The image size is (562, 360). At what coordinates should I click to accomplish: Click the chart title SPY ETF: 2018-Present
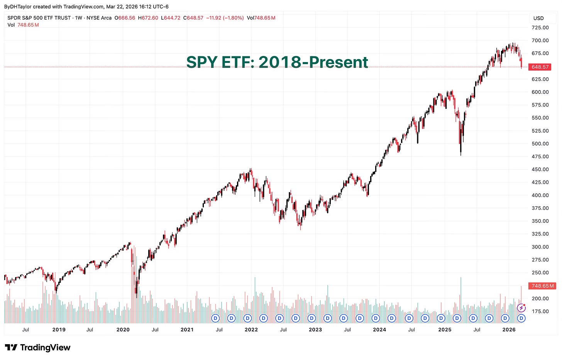point(277,62)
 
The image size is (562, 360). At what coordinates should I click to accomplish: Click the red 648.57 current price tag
point(540,67)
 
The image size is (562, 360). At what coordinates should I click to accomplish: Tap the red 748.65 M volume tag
point(543,286)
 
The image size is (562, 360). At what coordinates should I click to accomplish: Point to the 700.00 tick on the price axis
point(540,40)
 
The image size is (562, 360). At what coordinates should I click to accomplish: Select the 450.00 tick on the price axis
point(540,169)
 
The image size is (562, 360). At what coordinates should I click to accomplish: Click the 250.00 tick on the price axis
point(540,272)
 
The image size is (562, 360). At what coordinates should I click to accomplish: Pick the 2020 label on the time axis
point(123,330)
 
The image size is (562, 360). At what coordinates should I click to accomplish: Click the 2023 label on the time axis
point(315,330)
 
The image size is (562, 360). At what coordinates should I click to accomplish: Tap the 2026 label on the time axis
point(509,330)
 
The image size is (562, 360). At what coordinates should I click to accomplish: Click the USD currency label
point(538,18)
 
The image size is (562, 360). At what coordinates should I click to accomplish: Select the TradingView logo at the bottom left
point(37,347)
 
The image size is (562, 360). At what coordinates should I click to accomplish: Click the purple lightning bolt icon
point(521,308)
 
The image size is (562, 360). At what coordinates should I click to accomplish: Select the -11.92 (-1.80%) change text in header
point(225,18)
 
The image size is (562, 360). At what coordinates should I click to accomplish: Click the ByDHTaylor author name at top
point(18,7)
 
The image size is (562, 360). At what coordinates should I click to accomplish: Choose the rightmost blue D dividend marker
point(521,318)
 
